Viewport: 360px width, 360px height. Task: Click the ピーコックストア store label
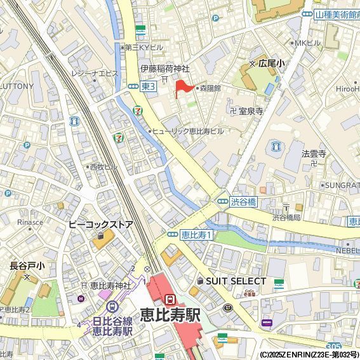pos(100,225)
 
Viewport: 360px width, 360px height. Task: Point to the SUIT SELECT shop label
pos(236,281)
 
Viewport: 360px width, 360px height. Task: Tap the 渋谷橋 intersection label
pos(243,202)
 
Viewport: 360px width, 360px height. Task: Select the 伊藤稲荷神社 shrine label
pos(165,69)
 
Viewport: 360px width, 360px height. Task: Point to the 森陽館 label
pos(209,89)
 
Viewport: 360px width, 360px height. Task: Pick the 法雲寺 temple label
pos(314,154)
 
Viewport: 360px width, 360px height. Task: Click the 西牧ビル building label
pos(103,167)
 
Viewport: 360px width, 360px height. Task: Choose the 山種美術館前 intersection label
pos(336,13)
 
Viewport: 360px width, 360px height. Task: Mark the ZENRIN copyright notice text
pos(309,354)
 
